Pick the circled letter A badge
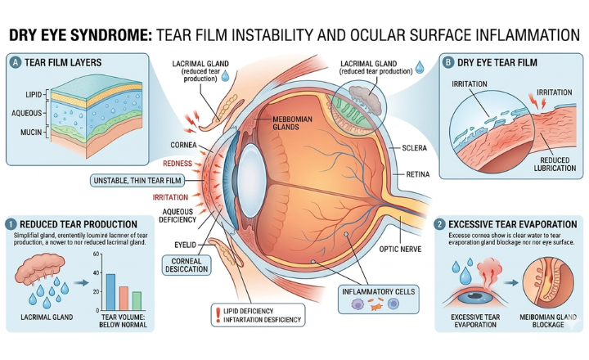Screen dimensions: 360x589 pos(15,61)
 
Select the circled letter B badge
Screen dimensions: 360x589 pos(448,61)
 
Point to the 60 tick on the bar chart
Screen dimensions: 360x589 pos(97,255)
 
